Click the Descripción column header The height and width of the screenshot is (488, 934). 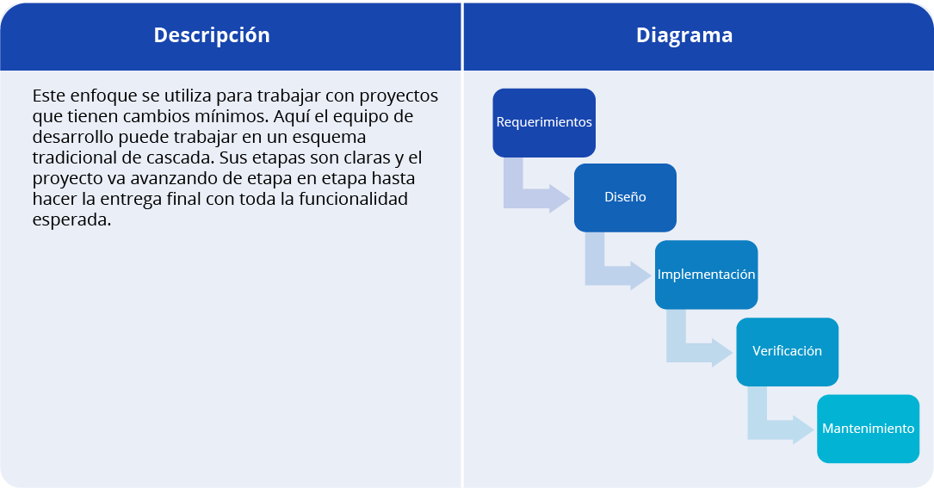click(212, 36)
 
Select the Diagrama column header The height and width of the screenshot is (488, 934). click(684, 35)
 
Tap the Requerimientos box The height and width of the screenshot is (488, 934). click(544, 123)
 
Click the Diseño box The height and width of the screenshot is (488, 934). click(625, 198)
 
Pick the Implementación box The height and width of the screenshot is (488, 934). click(707, 275)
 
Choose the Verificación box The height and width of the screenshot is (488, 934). click(788, 351)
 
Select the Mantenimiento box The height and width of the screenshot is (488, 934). click(869, 429)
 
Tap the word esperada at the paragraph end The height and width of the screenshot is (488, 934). click(71, 220)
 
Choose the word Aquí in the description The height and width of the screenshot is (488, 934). click(291, 117)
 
